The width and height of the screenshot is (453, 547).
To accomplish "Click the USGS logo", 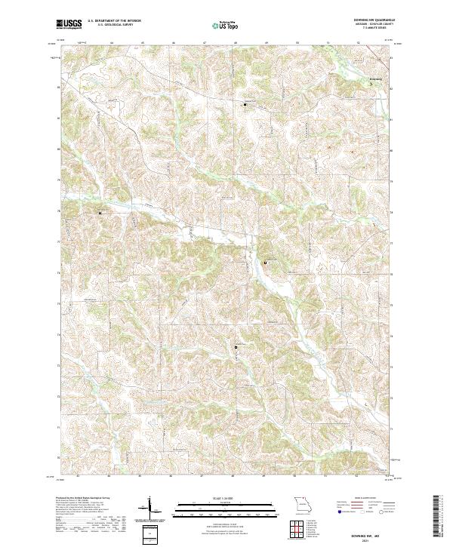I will click(69, 25).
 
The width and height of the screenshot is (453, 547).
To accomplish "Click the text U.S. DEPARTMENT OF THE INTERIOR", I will click(115, 21).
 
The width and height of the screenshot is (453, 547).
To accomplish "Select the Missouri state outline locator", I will click(302, 503).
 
